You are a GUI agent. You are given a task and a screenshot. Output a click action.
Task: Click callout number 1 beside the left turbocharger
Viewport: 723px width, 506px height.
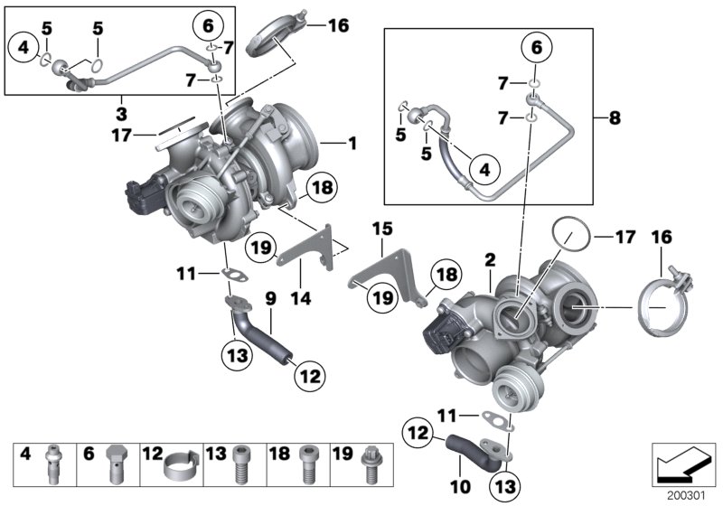tap(352, 142)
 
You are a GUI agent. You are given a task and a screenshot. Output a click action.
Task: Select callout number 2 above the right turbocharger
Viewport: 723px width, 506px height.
tap(488, 259)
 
